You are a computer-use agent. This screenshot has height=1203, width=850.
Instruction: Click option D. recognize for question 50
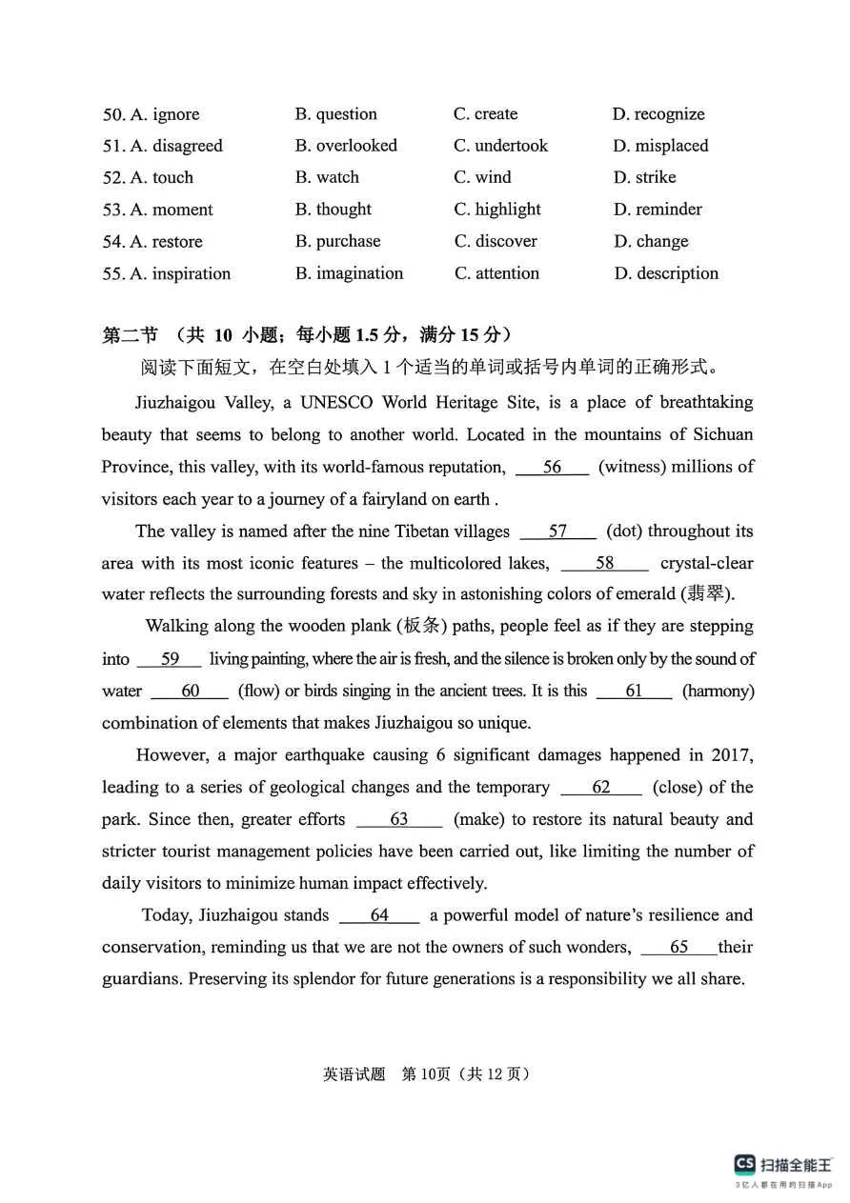pos(658,114)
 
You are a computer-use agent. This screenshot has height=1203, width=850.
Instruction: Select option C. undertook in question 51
pos(501,146)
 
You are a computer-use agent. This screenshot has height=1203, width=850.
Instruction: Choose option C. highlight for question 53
pos(497,210)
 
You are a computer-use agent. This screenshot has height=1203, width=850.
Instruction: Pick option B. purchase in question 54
pos(337,241)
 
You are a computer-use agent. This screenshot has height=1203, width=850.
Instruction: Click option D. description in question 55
pos(666,273)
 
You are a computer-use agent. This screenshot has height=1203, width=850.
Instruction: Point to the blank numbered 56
pos(552,467)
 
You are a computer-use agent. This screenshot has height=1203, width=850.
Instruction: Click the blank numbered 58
pos(604,563)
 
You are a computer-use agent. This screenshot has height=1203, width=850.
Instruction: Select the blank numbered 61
pos(634,691)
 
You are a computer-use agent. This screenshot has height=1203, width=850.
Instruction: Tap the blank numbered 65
pos(678,947)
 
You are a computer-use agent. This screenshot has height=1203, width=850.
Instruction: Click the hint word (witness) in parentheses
pos(638,467)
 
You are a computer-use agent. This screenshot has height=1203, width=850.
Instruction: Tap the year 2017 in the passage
pos(732,754)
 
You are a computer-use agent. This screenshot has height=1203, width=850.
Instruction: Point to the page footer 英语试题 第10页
pos(425,1073)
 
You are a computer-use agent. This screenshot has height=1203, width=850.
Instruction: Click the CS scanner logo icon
pos(744,1164)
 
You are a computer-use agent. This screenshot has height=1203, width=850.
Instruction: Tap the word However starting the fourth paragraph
pos(172,754)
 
